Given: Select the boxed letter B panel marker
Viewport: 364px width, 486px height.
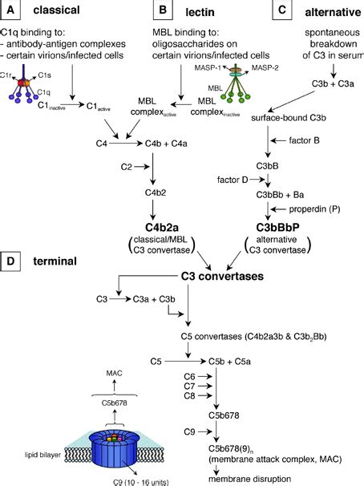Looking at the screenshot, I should click(x=164, y=11).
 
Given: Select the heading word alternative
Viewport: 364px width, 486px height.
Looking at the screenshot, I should click(x=329, y=11).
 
